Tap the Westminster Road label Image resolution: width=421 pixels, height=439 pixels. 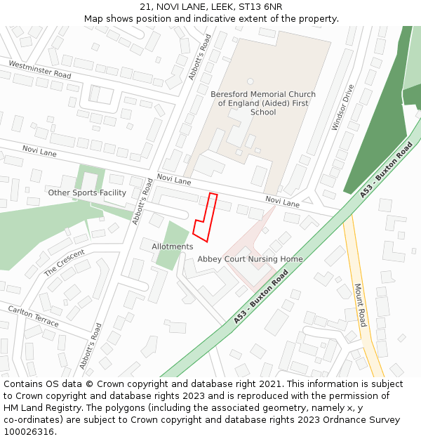(39, 70)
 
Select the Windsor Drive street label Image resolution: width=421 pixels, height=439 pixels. (343, 107)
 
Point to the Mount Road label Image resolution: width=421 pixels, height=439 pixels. (361, 305)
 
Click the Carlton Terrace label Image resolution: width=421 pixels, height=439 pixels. (34, 315)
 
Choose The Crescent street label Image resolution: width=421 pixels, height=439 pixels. (65, 262)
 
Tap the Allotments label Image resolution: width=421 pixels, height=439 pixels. (173, 247)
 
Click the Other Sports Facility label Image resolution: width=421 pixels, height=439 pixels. (87, 192)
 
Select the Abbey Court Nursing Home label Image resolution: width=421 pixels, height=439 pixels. (250, 259)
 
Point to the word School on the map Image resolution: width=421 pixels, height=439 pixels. (263, 112)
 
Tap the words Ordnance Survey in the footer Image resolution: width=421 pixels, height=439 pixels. (365, 420)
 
